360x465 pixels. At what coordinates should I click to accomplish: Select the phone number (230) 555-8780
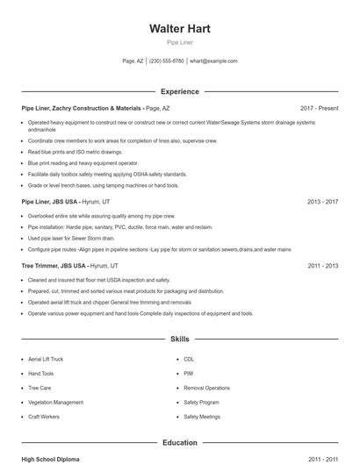coord(167,61)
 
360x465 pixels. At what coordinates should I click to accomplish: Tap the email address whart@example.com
coord(213,61)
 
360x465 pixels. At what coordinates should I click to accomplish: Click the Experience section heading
coord(180,91)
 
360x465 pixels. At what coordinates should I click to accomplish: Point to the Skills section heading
coord(180,339)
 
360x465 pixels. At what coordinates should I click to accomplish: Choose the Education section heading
coord(180,443)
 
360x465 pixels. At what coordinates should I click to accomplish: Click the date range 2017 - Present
coord(319,108)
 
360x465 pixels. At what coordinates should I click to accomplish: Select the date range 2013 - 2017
coord(322,201)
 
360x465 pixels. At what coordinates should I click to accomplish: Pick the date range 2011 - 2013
coord(322,265)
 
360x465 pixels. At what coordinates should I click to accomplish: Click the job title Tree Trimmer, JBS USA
coord(54,265)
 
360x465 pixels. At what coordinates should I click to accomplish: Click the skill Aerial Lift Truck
coord(46,360)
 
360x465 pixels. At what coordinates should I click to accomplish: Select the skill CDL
coord(189,360)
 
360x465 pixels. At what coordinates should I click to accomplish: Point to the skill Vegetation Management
coord(55,403)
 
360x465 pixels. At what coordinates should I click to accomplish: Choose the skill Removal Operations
coord(206,388)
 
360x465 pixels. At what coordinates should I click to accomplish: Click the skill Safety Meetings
coord(202,417)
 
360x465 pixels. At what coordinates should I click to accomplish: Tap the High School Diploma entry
coord(51,459)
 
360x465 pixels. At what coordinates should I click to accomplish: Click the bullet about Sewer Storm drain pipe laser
coord(71,238)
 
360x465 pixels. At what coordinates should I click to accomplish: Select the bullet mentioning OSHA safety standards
coord(107,174)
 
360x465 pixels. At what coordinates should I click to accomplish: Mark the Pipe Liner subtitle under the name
coord(180,42)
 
